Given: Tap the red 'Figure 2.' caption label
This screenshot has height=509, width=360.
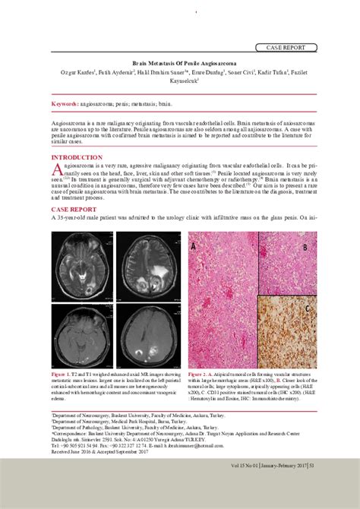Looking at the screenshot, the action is coord(201,375).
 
